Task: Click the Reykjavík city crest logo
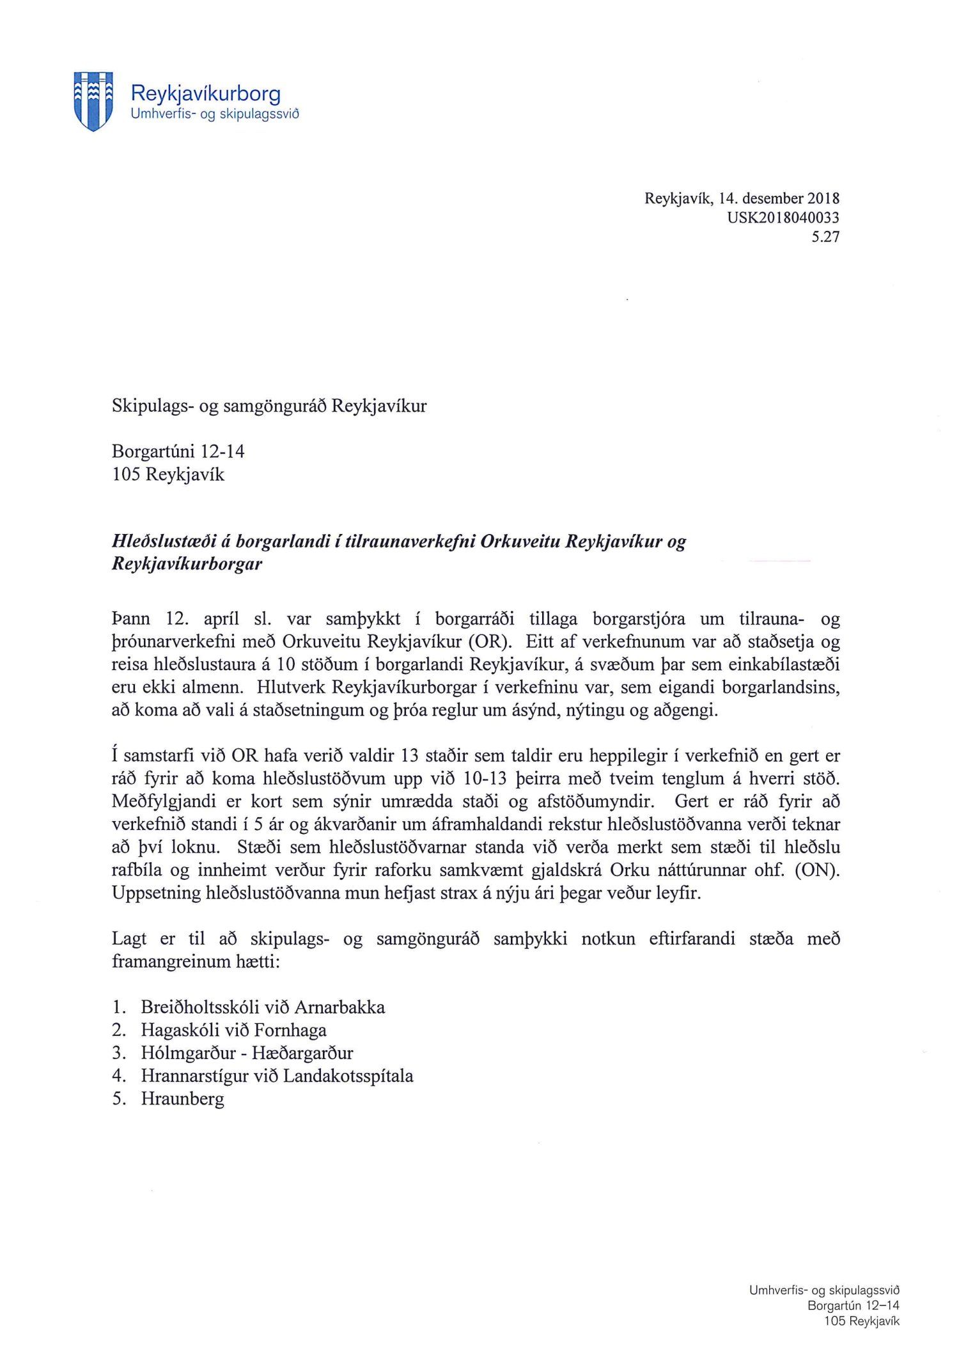(93, 101)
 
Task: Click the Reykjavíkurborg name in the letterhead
(205, 93)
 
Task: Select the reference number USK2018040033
(783, 217)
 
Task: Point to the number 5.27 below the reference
(825, 237)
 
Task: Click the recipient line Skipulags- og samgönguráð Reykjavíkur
(269, 406)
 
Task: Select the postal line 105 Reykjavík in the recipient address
(168, 475)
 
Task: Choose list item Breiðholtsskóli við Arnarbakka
(263, 1007)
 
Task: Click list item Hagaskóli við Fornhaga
(233, 1030)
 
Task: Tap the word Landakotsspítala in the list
(348, 1076)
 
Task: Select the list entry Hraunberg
(183, 1099)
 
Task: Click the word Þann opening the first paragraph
(131, 619)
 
